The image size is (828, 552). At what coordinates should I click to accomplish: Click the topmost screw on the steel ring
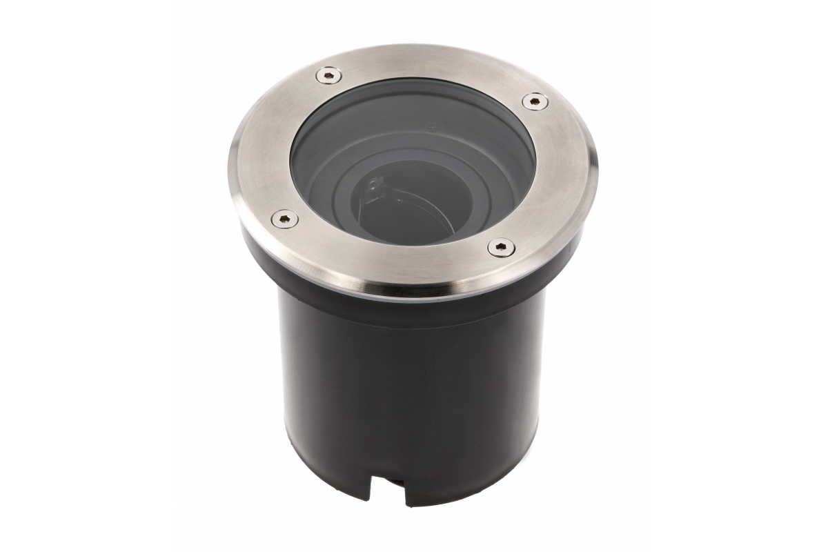point(328,75)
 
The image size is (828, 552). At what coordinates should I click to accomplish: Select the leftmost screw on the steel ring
point(284,219)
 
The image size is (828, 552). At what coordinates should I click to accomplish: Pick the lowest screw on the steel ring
point(500,246)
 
